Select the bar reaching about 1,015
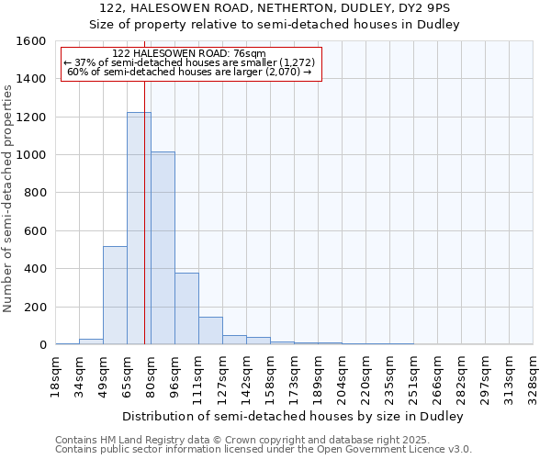163,248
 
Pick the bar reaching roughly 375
186,308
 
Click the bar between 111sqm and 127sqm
210,330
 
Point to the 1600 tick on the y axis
32,41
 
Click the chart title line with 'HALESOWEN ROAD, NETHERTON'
275,8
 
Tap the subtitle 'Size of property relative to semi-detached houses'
275,25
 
